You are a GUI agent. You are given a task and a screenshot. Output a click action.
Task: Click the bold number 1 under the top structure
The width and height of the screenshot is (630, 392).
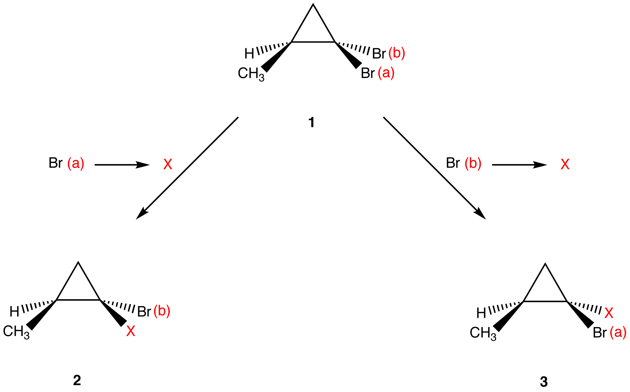(x=311, y=122)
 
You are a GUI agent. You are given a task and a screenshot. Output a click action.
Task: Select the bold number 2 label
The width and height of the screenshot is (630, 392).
(x=77, y=380)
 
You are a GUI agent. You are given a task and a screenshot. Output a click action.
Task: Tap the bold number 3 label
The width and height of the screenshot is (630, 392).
(x=544, y=382)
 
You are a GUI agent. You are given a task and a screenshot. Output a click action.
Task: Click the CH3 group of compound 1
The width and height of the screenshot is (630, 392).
(x=251, y=74)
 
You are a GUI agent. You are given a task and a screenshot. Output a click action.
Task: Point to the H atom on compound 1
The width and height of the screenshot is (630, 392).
(x=249, y=54)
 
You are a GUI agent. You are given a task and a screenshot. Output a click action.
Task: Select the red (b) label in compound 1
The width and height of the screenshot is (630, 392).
(x=397, y=53)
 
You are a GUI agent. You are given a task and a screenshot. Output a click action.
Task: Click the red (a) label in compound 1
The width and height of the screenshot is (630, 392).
(x=386, y=73)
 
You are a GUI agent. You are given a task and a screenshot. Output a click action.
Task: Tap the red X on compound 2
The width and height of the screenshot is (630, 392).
(x=130, y=331)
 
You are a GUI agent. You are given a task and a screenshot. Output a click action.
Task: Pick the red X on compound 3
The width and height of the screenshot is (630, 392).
(x=608, y=313)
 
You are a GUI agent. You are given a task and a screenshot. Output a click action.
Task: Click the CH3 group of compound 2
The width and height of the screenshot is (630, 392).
(x=16, y=331)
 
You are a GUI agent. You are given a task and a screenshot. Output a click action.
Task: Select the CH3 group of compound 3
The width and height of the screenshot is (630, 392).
(x=483, y=333)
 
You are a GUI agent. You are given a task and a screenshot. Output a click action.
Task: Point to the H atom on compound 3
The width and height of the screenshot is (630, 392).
(x=481, y=313)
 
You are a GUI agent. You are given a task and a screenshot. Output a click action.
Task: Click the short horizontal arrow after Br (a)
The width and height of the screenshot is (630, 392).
(x=122, y=165)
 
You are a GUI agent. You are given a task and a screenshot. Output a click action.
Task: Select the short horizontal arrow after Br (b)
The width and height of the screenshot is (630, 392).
(x=519, y=165)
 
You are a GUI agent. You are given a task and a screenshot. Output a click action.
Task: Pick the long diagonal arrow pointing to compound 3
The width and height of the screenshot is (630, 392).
(x=434, y=168)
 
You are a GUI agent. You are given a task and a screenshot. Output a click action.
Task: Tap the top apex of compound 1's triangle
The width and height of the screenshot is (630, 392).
(x=313, y=5)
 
